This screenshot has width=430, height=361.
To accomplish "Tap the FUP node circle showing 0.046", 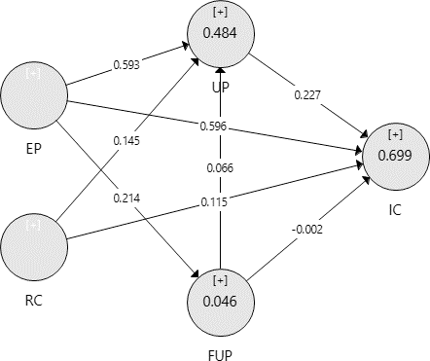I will click(x=220, y=302).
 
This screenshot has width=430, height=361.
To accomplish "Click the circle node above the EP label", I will click(x=33, y=96).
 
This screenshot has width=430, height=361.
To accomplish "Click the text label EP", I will click(x=33, y=151).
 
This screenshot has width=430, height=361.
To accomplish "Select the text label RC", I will click(x=33, y=300).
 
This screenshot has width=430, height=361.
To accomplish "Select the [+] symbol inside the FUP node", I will click(x=220, y=280).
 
